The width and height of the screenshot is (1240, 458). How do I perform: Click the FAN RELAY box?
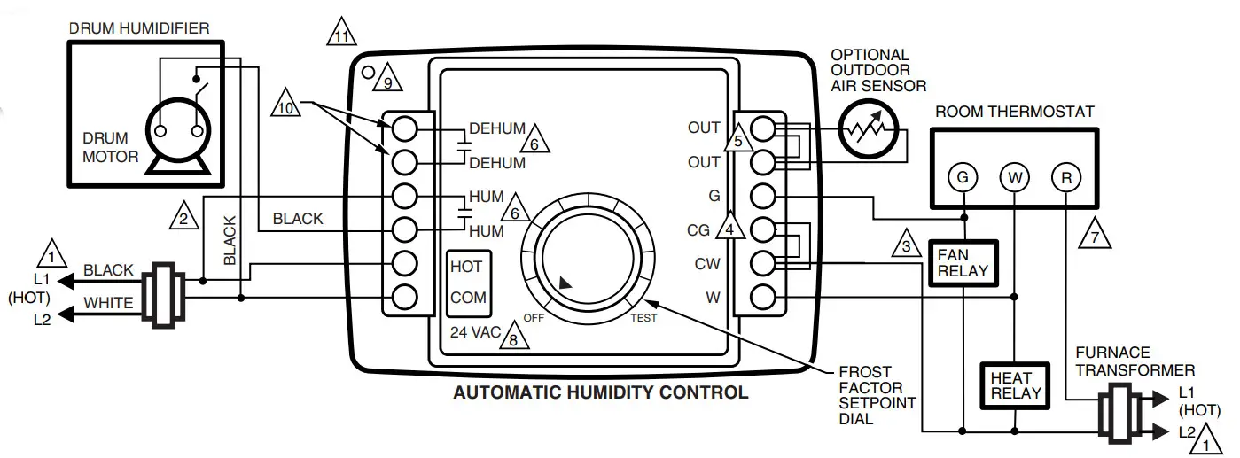962,262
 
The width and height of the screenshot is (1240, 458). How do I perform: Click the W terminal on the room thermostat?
1014,177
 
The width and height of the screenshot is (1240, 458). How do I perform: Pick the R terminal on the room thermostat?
1065,177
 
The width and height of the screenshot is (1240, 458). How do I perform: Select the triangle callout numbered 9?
387,82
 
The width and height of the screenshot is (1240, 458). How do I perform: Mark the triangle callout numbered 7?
1096,234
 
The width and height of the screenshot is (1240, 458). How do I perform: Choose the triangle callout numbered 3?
905,243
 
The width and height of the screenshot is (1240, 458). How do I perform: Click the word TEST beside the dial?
643,318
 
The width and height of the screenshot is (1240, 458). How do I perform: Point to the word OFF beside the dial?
534,317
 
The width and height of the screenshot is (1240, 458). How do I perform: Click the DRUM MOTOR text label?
111,148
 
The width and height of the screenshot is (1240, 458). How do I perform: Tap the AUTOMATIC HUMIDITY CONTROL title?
600,392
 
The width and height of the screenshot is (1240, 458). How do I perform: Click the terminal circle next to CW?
764,263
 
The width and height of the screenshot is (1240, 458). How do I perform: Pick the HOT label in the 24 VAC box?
467,267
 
